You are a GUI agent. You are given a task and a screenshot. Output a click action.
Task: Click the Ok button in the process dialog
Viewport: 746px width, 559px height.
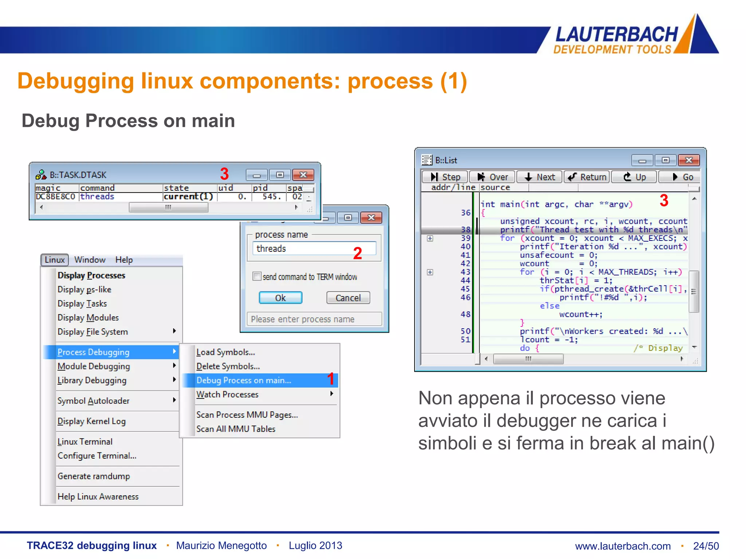[x=280, y=298]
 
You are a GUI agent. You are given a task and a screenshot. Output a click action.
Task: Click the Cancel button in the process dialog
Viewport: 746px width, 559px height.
[x=348, y=298]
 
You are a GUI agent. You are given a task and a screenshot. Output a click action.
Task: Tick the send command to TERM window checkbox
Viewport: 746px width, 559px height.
[x=257, y=276]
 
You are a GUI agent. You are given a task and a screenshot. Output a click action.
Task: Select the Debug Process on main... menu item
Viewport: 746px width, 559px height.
[x=244, y=380]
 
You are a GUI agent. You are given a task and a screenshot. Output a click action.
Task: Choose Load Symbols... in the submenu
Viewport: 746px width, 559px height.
[x=225, y=352]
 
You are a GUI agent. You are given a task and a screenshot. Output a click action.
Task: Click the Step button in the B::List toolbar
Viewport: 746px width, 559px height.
[x=445, y=177]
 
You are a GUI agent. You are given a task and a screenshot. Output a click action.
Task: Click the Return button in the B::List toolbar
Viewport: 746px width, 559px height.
[x=587, y=177]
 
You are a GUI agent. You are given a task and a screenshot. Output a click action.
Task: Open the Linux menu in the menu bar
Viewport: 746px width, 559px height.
[x=55, y=260]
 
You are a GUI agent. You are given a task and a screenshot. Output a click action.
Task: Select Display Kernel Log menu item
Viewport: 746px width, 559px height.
[x=91, y=421]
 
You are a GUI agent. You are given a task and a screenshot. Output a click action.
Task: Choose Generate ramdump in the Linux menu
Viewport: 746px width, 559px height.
[x=94, y=476]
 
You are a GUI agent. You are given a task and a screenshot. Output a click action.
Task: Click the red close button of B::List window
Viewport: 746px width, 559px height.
[x=688, y=160]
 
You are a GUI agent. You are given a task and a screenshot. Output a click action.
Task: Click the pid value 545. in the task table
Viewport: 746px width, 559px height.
[x=271, y=197]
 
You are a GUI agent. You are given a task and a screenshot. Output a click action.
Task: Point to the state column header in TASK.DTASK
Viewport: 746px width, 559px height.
[x=176, y=188]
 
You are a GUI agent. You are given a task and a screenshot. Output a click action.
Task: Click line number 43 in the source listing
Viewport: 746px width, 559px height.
[x=465, y=272]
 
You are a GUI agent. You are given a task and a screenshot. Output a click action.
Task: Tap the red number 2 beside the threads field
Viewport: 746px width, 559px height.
[x=357, y=253]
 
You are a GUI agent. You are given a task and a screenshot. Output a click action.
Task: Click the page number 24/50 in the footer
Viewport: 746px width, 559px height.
[x=706, y=546]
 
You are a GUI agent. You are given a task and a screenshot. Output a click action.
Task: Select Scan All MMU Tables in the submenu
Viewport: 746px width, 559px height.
[x=236, y=429]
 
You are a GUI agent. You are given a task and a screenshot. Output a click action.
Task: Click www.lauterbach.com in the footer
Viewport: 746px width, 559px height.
[x=623, y=546]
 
